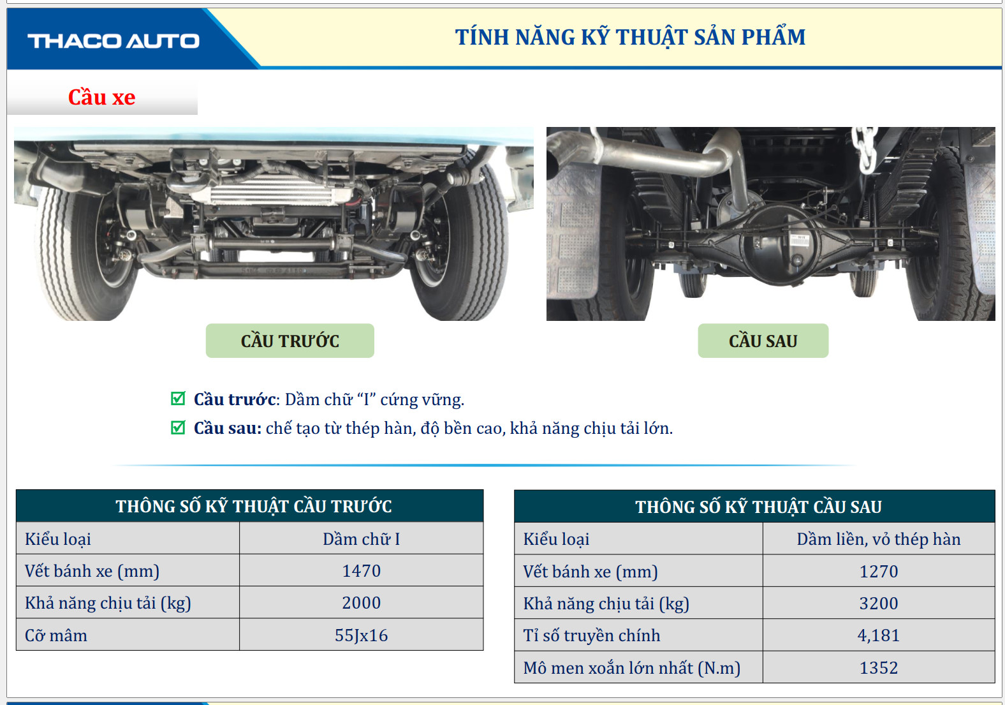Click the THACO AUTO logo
click(x=114, y=41)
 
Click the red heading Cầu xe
click(x=102, y=98)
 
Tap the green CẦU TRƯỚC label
click(x=290, y=341)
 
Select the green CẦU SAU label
click(x=763, y=341)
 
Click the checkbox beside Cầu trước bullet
click(x=178, y=398)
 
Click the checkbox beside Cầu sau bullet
click(x=178, y=427)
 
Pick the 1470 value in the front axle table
click(x=361, y=571)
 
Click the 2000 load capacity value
click(x=361, y=603)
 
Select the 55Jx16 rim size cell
click(x=361, y=635)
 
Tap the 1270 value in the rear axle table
click(x=879, y=571)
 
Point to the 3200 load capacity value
click(x=879, y=603)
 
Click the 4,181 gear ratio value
click(x=879, y=635)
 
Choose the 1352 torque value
click(x=879, y=668)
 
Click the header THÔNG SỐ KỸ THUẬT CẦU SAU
click(x=758, y=507)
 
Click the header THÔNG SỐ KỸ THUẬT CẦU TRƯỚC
click(x=254, y=506)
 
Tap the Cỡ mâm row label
click(x=56, y=635)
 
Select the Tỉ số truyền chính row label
click(x=592, y=635)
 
